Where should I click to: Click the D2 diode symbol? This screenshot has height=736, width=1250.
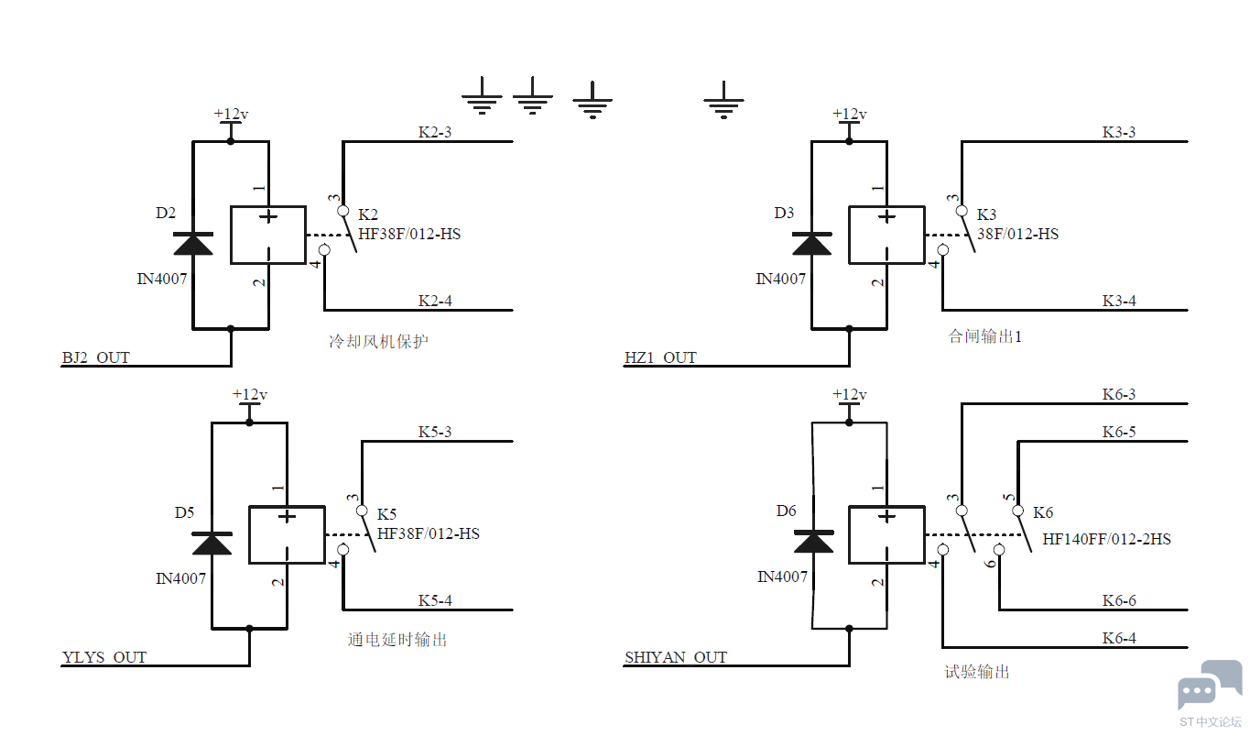pos(193,244)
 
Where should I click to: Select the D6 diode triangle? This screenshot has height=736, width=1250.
pos(813,541)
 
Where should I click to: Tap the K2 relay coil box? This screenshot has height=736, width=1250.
pos(268,235)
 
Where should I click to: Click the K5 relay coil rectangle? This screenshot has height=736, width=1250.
pos(287,534)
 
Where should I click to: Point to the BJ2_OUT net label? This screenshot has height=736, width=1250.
pos(96,357)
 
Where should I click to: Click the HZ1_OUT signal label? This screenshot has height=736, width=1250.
pos(661,357)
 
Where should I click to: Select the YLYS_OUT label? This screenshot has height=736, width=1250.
pos(104,657)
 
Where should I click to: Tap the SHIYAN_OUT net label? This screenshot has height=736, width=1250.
pos(676,657)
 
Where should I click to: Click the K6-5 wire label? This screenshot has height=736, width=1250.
pos(1119,432)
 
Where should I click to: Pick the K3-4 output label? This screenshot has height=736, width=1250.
pos(1119,301)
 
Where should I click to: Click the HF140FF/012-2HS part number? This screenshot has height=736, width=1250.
pos(1106,539)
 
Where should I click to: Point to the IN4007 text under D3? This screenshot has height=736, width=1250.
pos(781,279)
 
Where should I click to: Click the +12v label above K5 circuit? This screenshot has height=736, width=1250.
pos(249,394)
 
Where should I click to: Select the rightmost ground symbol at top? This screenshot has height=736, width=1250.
pos(723,100)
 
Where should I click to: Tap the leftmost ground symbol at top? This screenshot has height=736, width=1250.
pos(482,96)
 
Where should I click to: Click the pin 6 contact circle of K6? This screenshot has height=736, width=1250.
pos(999,550)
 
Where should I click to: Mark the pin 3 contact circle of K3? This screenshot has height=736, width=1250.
pos(962,211)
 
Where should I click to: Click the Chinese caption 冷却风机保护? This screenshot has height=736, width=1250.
pos(378,341)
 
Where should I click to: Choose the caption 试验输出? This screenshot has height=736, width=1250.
pos(977,671)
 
